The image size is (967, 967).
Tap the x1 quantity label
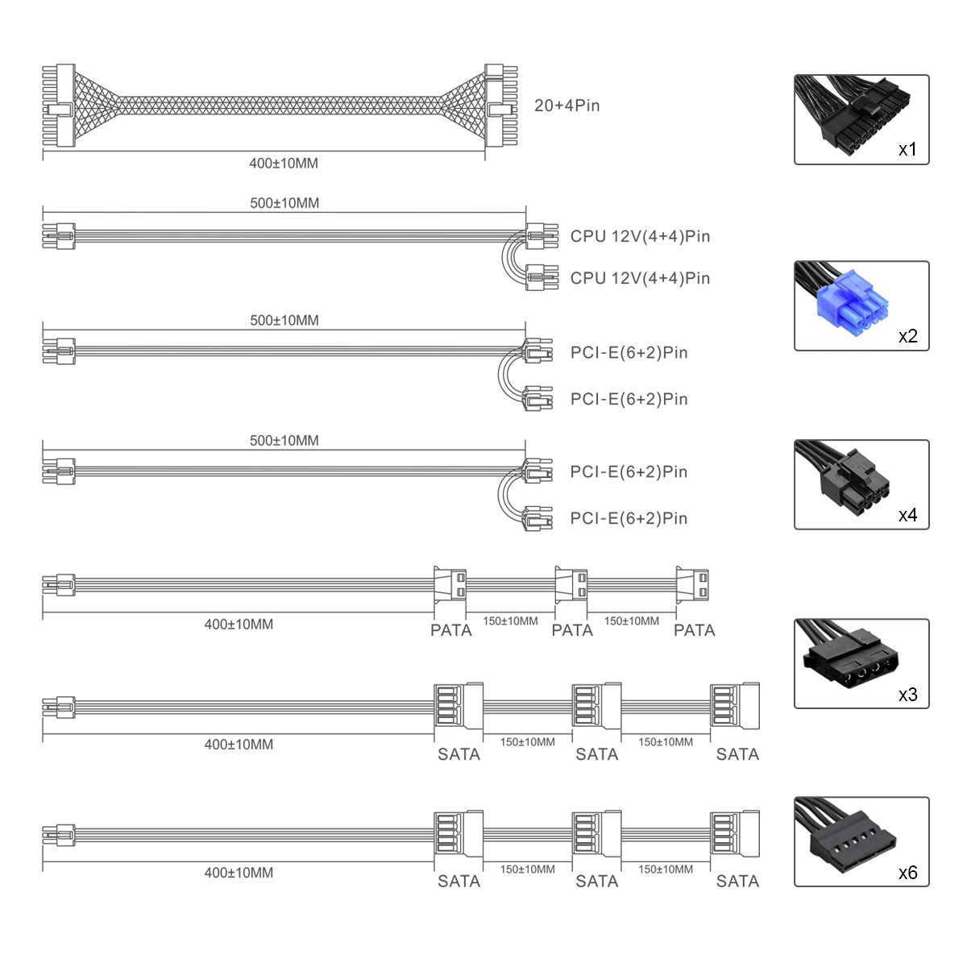[x=907, y=150]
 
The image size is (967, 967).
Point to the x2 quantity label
[x=907, y=337]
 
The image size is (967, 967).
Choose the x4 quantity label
[x=907, y=516]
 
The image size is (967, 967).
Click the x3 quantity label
[x=907, y=695]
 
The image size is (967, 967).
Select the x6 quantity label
[x=907, y=874]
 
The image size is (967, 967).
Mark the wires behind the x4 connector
[x=814, y=455]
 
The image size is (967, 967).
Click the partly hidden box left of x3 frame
[x=753, y=706]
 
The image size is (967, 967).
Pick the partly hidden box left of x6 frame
[x=753, y=834]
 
